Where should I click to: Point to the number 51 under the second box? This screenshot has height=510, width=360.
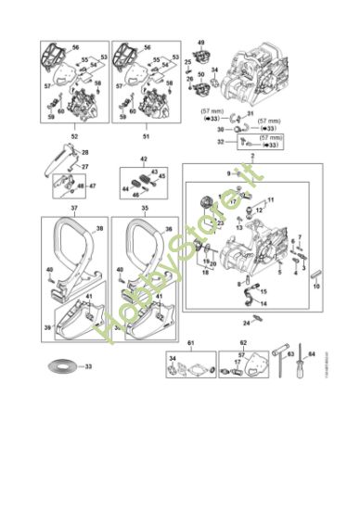(x=145, y=136)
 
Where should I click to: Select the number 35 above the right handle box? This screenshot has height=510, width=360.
(x=144, y=210)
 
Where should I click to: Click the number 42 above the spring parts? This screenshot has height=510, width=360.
(x=144, y=159)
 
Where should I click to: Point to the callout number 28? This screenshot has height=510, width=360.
(x=84, y=151)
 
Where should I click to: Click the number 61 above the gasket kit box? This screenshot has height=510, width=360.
(x=190, y=342)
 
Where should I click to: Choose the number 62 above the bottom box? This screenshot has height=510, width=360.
(x=243, y=342)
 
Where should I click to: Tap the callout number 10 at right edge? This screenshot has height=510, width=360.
(x=316, y=287)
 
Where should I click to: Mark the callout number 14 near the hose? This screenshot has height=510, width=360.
(x=264, y=303)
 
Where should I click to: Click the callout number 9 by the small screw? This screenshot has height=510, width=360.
(x=227, y=173)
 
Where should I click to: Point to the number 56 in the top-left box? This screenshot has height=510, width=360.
(x=75, y=46)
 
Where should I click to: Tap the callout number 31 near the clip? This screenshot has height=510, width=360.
(x=250, y=113)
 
